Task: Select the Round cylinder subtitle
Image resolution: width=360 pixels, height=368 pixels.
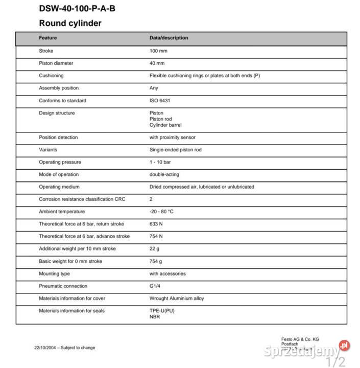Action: point(70,23)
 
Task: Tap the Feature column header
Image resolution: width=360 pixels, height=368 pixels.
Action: point(48,38)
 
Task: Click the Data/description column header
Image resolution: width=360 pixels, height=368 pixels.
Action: point(169,38)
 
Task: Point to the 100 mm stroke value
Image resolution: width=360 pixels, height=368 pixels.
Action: point(158,51)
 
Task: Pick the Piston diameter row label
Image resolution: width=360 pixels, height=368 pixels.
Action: point(56,63)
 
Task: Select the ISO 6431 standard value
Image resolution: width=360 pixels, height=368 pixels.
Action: point(160,101)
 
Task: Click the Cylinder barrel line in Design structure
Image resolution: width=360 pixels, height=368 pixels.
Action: point(165,125)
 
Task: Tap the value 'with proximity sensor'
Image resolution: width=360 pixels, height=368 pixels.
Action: point(173,137)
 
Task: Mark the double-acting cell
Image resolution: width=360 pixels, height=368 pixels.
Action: point(164,174)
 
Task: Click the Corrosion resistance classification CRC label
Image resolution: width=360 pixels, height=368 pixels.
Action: point(82,199)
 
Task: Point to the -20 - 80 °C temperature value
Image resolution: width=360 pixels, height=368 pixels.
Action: point(161,212)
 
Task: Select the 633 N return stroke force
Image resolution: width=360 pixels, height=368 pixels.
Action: point(156,224)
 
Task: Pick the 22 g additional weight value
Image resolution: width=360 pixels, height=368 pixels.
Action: point(154,249)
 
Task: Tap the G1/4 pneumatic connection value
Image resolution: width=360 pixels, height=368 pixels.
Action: point(155,286)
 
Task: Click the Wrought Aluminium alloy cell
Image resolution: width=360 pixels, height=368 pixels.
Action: point(177,298)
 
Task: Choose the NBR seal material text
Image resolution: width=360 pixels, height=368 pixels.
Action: point(155,317)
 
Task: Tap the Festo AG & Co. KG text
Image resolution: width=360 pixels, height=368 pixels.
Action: point(300,339)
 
